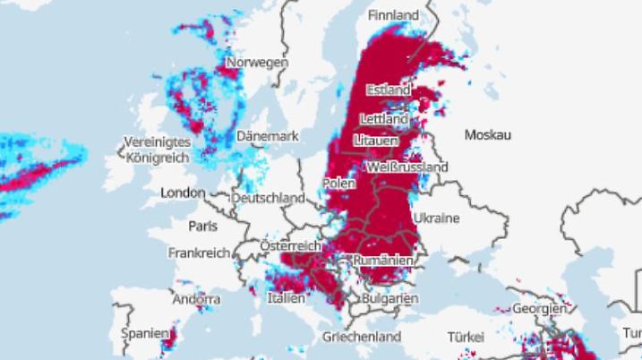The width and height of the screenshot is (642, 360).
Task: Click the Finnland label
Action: click(394, 15)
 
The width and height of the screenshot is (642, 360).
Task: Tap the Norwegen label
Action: click(257, 63)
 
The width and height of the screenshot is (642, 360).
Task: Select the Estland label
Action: click(388, 90)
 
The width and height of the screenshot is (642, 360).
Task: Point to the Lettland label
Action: click(384, 118)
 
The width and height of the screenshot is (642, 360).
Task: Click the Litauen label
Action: click(377, 141)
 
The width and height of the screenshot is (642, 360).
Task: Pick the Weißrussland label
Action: click(407, 167)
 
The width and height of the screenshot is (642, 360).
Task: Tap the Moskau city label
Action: click(487, 134)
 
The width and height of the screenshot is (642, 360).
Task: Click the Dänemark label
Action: click(267, 136)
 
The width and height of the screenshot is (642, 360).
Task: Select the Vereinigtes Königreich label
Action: click(157, 150)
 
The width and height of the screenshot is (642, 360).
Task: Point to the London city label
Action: click(183, 193)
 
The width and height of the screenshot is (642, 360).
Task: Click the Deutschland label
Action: click(268, 197)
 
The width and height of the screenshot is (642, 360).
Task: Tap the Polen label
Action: click(338, 183)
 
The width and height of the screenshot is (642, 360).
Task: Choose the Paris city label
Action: click(202, 226)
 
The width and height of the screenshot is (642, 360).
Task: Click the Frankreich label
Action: click(200, 253)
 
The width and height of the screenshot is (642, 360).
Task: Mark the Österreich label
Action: click(290, 245)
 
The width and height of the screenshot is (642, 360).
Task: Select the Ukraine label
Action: click(436, 218)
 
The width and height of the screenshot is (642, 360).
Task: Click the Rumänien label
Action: click(384, 260)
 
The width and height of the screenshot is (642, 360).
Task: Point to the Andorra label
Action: click(196, 299)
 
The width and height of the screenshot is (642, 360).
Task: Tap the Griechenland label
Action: click(362, 338)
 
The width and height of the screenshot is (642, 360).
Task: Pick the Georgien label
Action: click(539, 308)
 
